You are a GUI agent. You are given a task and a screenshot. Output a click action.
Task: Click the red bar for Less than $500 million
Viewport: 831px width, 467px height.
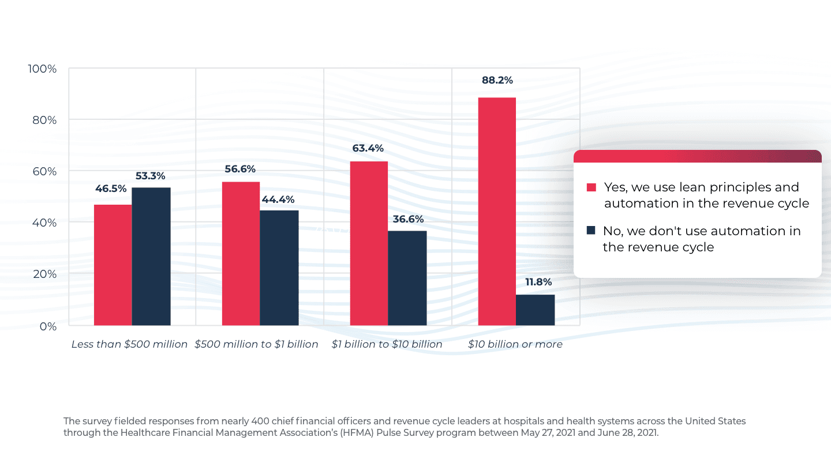click(x=113, y=265)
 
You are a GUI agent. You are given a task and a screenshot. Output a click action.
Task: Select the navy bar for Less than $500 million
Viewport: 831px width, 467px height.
click(x=151, y=257)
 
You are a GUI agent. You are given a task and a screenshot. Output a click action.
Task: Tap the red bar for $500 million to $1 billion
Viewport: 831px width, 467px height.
click(x=241, y=254)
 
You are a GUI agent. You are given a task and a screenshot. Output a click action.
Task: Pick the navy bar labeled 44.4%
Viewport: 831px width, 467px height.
click(x=279, y=268)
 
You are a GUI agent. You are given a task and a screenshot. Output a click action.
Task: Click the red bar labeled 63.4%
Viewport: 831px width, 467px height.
click(x=369, y=243)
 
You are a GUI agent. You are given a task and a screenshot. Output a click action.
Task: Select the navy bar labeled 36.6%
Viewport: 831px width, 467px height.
click(x=407, y=278)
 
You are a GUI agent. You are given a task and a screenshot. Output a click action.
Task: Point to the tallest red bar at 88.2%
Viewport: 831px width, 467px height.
click(x=497, y=212)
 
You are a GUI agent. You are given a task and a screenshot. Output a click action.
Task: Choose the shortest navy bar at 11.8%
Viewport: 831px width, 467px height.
click(x=536, y=310)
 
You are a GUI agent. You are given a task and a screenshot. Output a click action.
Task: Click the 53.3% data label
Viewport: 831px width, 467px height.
click(x=151, y=176)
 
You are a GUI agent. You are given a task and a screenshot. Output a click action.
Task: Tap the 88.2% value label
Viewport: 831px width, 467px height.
click(x=497, y=81)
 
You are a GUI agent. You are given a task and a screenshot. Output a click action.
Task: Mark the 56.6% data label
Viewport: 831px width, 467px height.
click(x=240, y=169)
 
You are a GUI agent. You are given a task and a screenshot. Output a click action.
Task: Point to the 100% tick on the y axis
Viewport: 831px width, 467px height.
click(x=42, y=69)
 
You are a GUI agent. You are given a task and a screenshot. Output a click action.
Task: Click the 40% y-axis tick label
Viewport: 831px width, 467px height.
click(x=43, y=223)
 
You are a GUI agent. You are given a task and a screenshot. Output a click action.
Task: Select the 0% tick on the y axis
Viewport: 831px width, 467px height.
click(x=48, y=326)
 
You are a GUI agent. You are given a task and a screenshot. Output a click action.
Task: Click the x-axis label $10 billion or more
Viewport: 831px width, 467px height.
click(x=515, y=344)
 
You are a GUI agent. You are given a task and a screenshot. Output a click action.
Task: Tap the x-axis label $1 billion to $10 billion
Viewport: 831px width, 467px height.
click(x=387, y=344)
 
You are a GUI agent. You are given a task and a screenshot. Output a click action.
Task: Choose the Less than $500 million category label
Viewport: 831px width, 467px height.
click(x=129, y=344)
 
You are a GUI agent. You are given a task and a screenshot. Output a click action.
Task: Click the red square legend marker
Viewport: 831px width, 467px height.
click(x=591, y=187)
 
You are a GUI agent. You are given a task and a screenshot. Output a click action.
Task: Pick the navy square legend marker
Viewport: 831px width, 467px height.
click(x=591, y=231)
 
